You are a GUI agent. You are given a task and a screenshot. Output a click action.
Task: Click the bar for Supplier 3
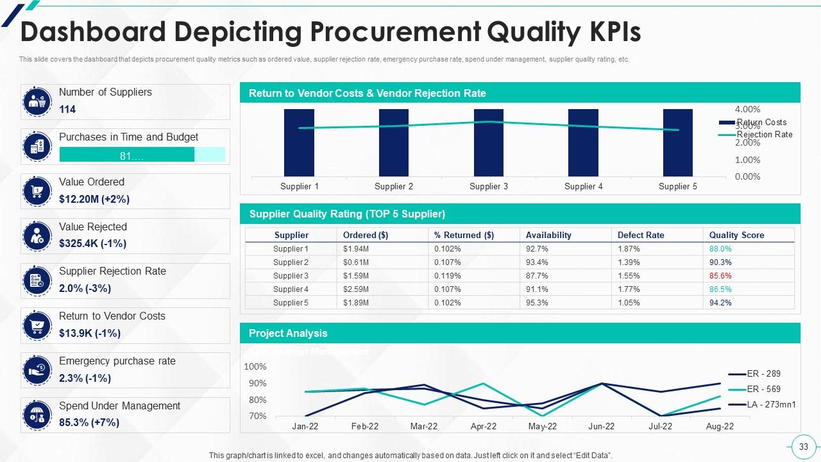(x=489, y=142)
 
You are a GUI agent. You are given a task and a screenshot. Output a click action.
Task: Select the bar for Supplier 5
(x=678, y=142)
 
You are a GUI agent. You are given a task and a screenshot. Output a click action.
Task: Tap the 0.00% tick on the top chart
(x=747, y=176)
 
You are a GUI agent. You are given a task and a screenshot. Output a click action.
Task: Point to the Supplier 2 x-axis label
(x=394, y=187)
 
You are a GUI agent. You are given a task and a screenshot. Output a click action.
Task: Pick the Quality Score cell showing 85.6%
(x=720, y=276)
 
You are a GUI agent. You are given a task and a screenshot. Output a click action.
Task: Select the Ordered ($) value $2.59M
(x=356, y=289)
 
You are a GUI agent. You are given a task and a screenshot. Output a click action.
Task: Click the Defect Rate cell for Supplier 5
(x=629, y=303)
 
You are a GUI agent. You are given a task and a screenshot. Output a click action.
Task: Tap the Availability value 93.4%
(x=537, y=262)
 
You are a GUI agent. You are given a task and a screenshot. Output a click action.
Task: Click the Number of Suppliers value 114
(x=67, y=110)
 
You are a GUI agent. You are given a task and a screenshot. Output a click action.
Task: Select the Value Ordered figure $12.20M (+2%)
(x=94, y=199)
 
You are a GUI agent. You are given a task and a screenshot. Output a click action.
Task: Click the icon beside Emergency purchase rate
(x=37, y=370)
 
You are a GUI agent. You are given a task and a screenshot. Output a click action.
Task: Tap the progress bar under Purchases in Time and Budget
(x=142, y=155)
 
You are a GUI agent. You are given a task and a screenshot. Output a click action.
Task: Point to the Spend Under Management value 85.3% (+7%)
(x=89, y=423)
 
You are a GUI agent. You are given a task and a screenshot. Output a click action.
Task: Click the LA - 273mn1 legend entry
(x=771, y=404)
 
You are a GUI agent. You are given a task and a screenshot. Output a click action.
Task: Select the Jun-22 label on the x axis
(x=601, y=426)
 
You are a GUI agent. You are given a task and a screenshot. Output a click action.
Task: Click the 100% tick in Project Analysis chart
(x=255, y=367)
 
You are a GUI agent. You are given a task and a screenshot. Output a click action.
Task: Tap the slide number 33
(x=803, y=447)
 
